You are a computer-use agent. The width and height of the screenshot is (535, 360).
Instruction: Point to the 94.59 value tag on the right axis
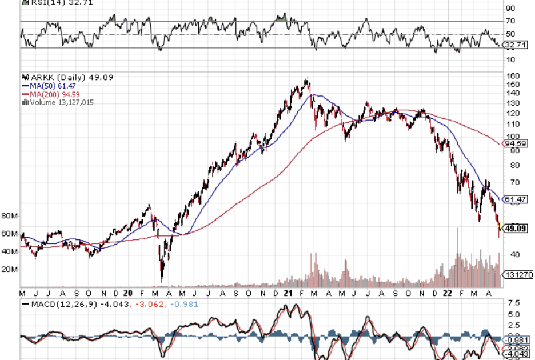point(514,143)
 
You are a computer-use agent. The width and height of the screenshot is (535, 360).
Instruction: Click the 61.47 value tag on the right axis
point(514,199)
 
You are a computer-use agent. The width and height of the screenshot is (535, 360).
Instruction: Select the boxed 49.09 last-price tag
point(515,228)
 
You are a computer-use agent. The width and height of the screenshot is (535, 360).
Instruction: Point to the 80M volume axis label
point(10,216)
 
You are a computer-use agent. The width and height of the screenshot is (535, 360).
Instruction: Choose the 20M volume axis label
point(10,269)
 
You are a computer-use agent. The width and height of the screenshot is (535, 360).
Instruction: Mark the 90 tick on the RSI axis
point(510,9)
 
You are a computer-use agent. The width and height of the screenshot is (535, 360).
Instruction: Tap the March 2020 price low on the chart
point(162,280)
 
